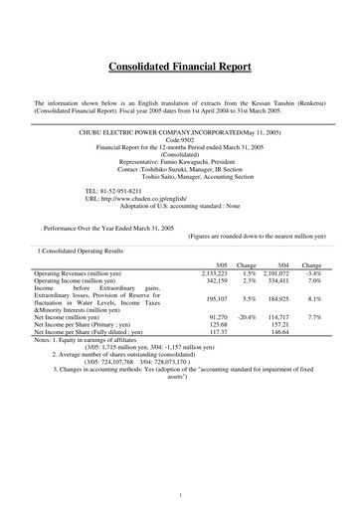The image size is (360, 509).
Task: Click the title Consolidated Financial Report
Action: point(180,68)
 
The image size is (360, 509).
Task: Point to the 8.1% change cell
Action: point(311,298)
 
